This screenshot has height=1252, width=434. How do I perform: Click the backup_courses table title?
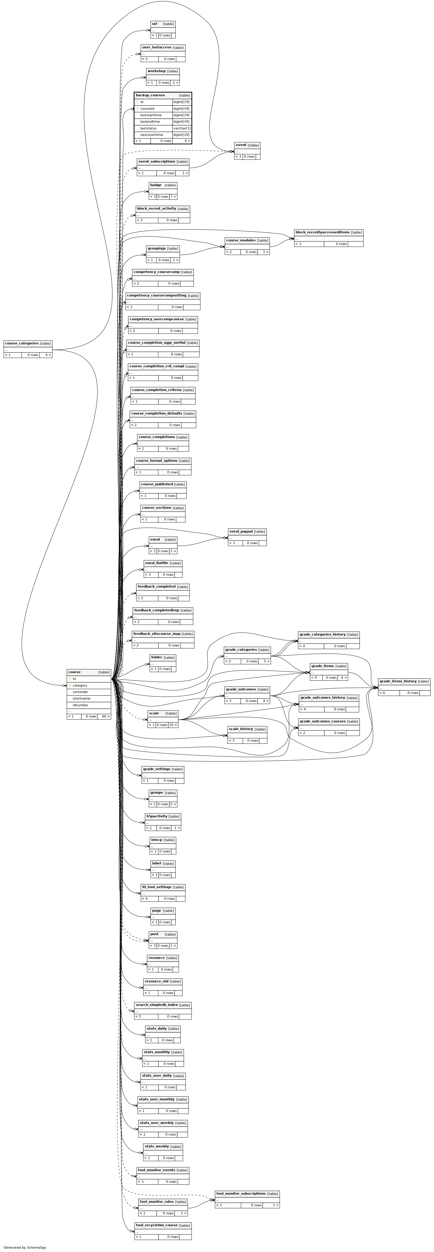click(150, 95)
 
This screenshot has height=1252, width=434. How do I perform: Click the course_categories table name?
click(21, 343)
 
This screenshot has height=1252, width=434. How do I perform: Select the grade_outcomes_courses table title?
click(323, 721)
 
